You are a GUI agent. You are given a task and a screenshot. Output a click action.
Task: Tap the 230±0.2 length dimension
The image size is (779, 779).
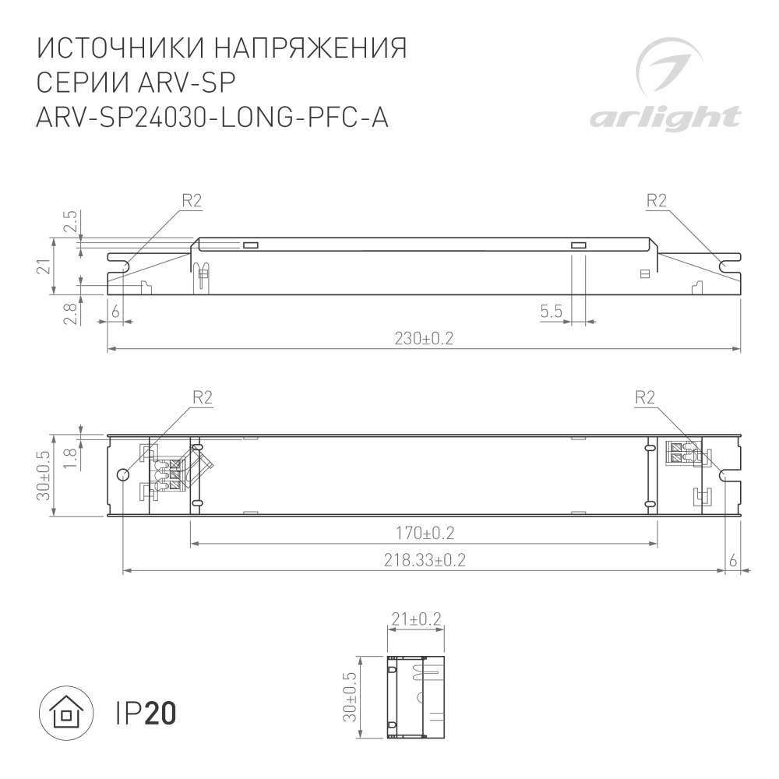(425, 339)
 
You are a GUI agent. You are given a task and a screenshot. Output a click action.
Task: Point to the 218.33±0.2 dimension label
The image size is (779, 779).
(425, 560)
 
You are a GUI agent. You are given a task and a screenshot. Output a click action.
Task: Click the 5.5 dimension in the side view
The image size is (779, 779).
(551, 312)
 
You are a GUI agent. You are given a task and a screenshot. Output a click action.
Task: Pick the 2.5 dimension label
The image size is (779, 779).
(70, 223)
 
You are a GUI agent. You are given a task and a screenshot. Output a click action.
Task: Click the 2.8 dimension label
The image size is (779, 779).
(70, 314)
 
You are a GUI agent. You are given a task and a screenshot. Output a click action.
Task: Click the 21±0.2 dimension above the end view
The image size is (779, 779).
(416, 619)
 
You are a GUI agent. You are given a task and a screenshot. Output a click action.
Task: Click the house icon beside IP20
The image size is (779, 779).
(66, 714)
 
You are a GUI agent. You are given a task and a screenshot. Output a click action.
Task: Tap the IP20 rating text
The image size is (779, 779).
(146, 714)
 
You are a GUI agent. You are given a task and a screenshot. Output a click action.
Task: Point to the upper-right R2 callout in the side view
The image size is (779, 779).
(657, 201)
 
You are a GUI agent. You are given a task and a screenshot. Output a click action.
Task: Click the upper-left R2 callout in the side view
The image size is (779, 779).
(192, 201)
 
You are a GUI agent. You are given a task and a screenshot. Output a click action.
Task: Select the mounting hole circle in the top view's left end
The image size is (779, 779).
(122, 475)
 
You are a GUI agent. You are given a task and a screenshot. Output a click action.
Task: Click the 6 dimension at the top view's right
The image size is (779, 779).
(733, 560)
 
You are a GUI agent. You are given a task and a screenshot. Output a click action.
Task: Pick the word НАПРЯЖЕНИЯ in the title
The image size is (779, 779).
(310, 48)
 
